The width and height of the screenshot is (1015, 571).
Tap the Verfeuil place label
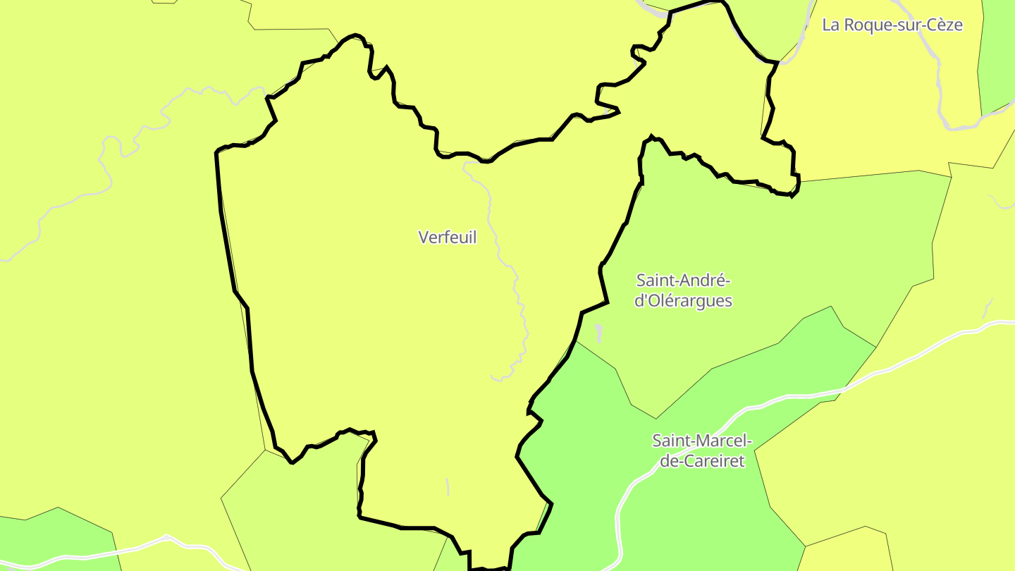click(x=448, y=238)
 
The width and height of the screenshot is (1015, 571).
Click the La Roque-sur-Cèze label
click(x=892, y=25)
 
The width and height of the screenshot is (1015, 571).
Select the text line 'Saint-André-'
click(x=683, y=281)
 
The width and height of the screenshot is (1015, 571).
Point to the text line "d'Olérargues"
click(x=683, y=301)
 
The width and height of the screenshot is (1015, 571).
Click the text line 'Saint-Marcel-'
click(x=702, y=441)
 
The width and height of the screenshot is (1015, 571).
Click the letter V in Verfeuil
click(x=424, y=238)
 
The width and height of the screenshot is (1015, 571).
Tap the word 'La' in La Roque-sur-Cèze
click(x=831, y=25)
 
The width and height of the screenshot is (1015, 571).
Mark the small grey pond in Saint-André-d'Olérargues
click(x=599, y=332)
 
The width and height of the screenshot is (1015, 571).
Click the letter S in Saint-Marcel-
click(x=657, y=441)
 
